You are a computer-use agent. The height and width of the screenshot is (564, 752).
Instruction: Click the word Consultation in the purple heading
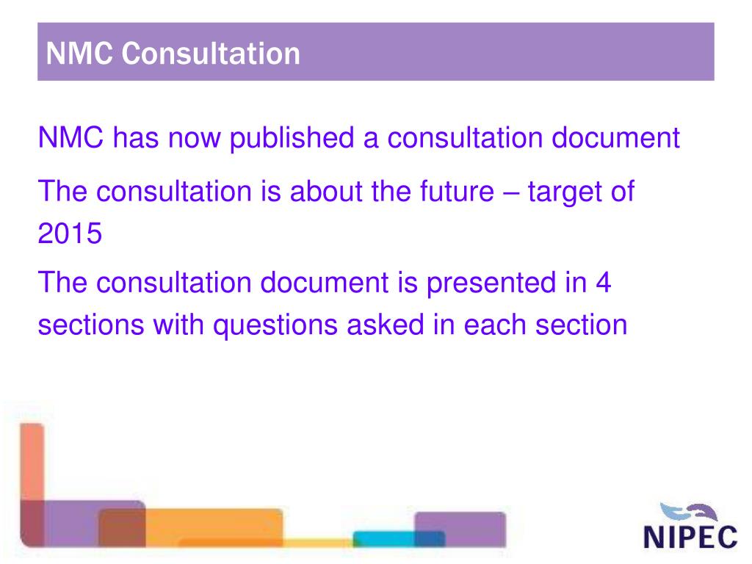tap(211, 54)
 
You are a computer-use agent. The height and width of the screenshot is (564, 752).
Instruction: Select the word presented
tap(499, 283)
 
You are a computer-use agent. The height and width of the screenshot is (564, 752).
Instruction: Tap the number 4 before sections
tap(602, 283)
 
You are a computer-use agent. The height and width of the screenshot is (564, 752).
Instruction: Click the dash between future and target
tap(510, 192)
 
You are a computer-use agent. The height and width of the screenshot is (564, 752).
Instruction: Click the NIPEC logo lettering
tap(690, 536)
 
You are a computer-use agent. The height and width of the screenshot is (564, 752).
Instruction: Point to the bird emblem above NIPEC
tap(686, 510)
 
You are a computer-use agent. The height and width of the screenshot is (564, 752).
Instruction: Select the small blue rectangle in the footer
tap(399, 538)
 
